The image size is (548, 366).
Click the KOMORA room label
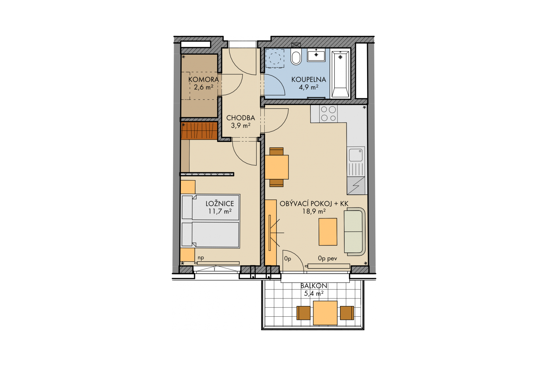(x=203, y=79)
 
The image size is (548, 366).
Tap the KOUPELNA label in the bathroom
(x=309, y=79)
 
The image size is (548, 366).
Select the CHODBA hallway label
(x=240, y=118)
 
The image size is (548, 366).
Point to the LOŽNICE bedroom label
(x=220, y=203)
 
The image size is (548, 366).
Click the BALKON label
(x=314, y=286)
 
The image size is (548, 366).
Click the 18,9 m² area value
(x=314, y=211)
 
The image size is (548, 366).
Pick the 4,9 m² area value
(x=309, y=87)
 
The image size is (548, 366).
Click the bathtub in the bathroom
(x=340, y=74)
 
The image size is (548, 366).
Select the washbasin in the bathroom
(x=316, y=55)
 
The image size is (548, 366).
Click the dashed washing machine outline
(x=275, y=58)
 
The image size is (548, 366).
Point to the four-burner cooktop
(x=328, y=114)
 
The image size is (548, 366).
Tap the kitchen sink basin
(x=355, y=155)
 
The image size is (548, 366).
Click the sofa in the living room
(x=355, y=232)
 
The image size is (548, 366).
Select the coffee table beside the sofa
(x=328, y=232)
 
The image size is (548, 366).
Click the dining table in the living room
(x=277, y=167)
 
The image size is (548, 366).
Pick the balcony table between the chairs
(x=325, y=313)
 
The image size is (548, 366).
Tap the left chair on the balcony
(x=303, y=313)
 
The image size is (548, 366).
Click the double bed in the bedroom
(x=210, y=221)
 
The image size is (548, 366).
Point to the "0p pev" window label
(x=328, y=258)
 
